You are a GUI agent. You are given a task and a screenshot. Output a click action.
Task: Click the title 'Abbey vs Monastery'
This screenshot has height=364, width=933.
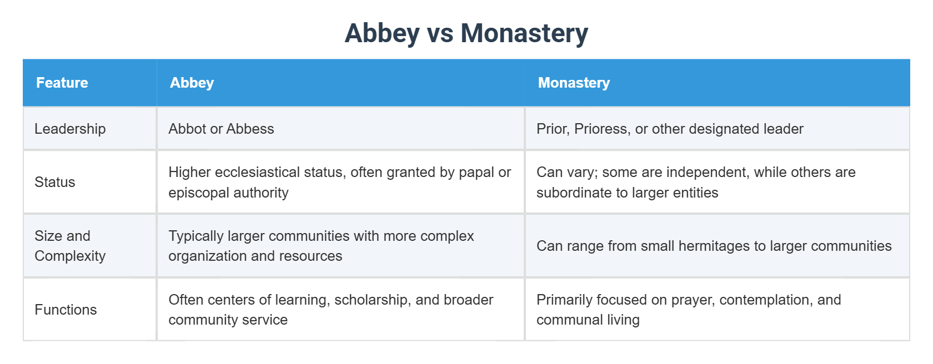point(466,33)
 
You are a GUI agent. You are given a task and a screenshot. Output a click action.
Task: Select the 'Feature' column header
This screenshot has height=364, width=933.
point(62,83)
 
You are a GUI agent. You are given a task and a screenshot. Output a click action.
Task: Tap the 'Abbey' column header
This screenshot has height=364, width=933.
point(192,83)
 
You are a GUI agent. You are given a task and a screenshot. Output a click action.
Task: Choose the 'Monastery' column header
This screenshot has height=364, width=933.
point(574,83)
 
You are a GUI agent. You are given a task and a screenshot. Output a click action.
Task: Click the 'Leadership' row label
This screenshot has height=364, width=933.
point(70,129)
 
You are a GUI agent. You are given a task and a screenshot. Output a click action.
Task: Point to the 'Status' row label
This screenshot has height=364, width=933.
point(55,182)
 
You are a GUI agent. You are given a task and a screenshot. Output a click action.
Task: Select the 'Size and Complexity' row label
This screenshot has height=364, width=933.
point(70,246)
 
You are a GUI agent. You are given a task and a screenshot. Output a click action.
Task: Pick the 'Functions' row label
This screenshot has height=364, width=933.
point(66,310)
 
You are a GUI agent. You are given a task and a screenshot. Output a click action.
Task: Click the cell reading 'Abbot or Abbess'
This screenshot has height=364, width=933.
point(221,129)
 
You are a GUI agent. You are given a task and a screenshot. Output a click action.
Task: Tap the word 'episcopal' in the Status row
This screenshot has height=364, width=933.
point(199,193)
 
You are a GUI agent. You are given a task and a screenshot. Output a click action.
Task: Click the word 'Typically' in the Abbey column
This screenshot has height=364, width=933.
point(195,236)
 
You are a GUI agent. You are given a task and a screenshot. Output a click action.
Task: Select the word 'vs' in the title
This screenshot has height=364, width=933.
point(440,33)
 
